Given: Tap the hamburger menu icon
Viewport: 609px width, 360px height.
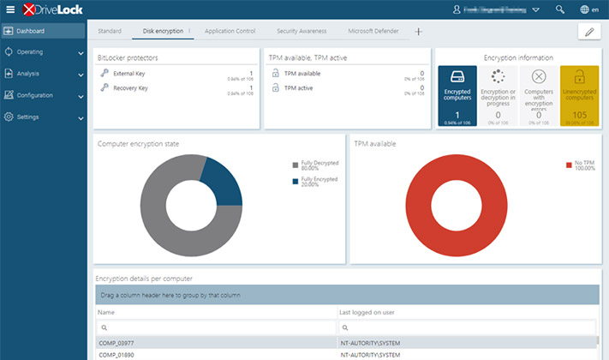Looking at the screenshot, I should pyautogui.click(x=10, y=9).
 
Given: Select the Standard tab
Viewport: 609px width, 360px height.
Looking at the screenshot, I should pyautogui.click(x=110, y=31).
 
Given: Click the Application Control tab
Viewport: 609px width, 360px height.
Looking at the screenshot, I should pyautogui.click(x=230, y=31).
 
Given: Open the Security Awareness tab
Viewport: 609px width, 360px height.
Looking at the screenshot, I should pyautogui.click(x=301, y=31).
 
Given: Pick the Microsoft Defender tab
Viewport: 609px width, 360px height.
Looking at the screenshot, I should pyautogui.click(x=373, y=31).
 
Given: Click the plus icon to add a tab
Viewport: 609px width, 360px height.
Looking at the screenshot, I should pyautogui.click(x=419, y=31).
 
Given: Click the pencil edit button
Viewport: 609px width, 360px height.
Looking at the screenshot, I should pyautogui.click(x=588, y=32).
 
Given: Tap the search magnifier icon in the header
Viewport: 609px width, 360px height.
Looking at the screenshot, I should pyautogui.click(x=560, y=10).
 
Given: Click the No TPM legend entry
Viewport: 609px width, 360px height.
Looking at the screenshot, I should pyautogui.click(x=581, y=165).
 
